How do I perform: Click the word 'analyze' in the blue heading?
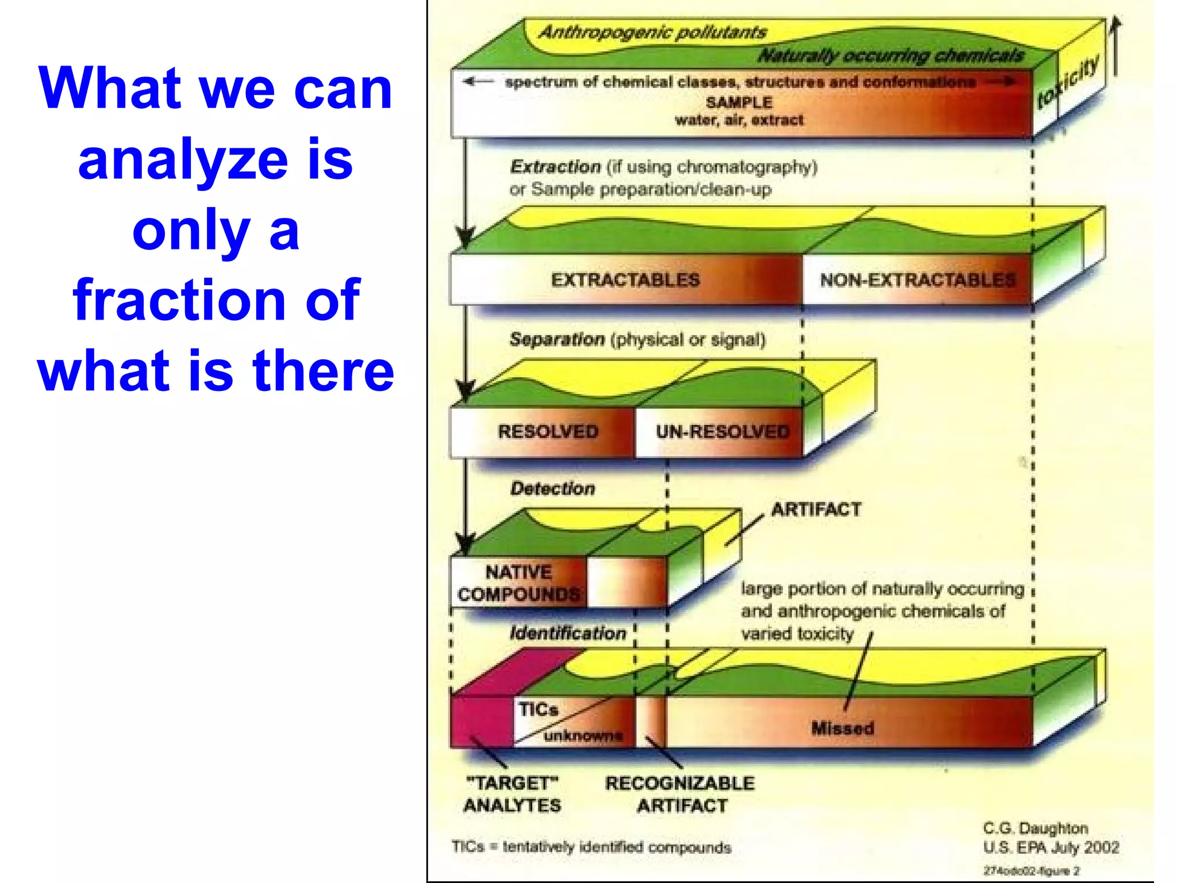point(183,160)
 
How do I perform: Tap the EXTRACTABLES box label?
point(625,280)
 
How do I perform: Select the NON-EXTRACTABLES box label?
point(917,280)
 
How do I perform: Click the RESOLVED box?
point(548,431)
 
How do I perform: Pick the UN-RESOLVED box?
point(722,431)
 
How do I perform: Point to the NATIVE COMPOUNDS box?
point(518,583)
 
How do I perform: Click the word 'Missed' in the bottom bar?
point(843,728)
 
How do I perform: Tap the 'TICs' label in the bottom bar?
point(538,709)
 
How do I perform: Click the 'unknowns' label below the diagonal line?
point(583,736)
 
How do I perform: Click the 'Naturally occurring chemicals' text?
point(891,55)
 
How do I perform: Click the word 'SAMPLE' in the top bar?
point(739,102)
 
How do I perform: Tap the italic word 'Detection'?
point(552,489)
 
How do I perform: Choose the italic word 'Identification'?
point(568,633)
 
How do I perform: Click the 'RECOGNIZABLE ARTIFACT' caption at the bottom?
point(680,794)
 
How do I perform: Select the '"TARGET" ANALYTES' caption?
point(511,794)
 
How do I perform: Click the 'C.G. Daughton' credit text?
point(1035,828)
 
